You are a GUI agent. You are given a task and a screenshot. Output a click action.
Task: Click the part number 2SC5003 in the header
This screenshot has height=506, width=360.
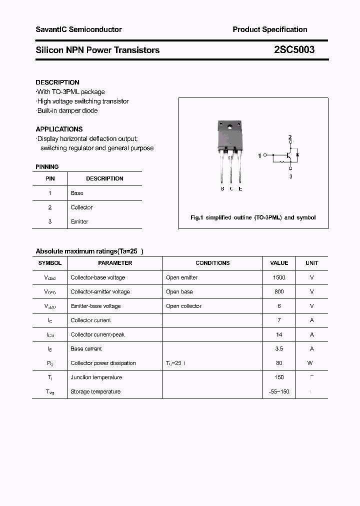coord(294,50)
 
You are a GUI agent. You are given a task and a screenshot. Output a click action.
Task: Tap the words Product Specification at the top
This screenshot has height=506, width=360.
coord(269,29)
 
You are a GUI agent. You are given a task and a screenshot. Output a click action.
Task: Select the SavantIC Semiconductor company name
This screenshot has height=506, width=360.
coord(78,29)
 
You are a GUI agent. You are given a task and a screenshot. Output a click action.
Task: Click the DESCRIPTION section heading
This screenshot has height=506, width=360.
coord(57,82)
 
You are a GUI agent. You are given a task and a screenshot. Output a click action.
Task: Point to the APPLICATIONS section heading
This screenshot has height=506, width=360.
coord(59,129)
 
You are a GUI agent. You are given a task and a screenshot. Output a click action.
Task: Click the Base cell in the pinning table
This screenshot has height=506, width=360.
coord(77,193)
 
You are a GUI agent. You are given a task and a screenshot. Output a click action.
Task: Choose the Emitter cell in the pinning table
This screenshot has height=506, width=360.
coord(79,221)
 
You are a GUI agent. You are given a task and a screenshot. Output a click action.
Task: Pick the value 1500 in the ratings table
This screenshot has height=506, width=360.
coord(279,277)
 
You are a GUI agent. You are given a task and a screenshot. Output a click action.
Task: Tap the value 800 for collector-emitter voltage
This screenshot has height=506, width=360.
coord(279,291)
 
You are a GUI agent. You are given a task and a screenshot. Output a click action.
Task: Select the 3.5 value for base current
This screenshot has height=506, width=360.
coord(279,349)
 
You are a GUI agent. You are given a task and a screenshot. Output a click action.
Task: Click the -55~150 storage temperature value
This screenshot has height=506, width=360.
coord(279,391)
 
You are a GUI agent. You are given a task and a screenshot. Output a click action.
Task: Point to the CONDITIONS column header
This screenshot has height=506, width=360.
coord(212,263)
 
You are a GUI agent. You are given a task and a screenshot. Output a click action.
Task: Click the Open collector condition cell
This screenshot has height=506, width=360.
coord(183,306)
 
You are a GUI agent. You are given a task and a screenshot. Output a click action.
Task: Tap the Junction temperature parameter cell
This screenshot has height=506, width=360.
coord(96,377)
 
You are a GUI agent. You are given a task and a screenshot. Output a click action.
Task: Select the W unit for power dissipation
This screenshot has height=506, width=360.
coord(310,363)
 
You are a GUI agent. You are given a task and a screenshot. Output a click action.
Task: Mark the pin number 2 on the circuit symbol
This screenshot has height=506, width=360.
coord(290,137)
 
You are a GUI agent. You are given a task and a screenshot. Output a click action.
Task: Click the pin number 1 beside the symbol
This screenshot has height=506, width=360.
coord(259,156)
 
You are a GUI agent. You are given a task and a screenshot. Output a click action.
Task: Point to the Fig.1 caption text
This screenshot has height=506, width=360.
coord(253,218)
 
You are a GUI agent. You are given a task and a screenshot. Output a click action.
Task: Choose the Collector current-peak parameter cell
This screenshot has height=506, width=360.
coord(97,334)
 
